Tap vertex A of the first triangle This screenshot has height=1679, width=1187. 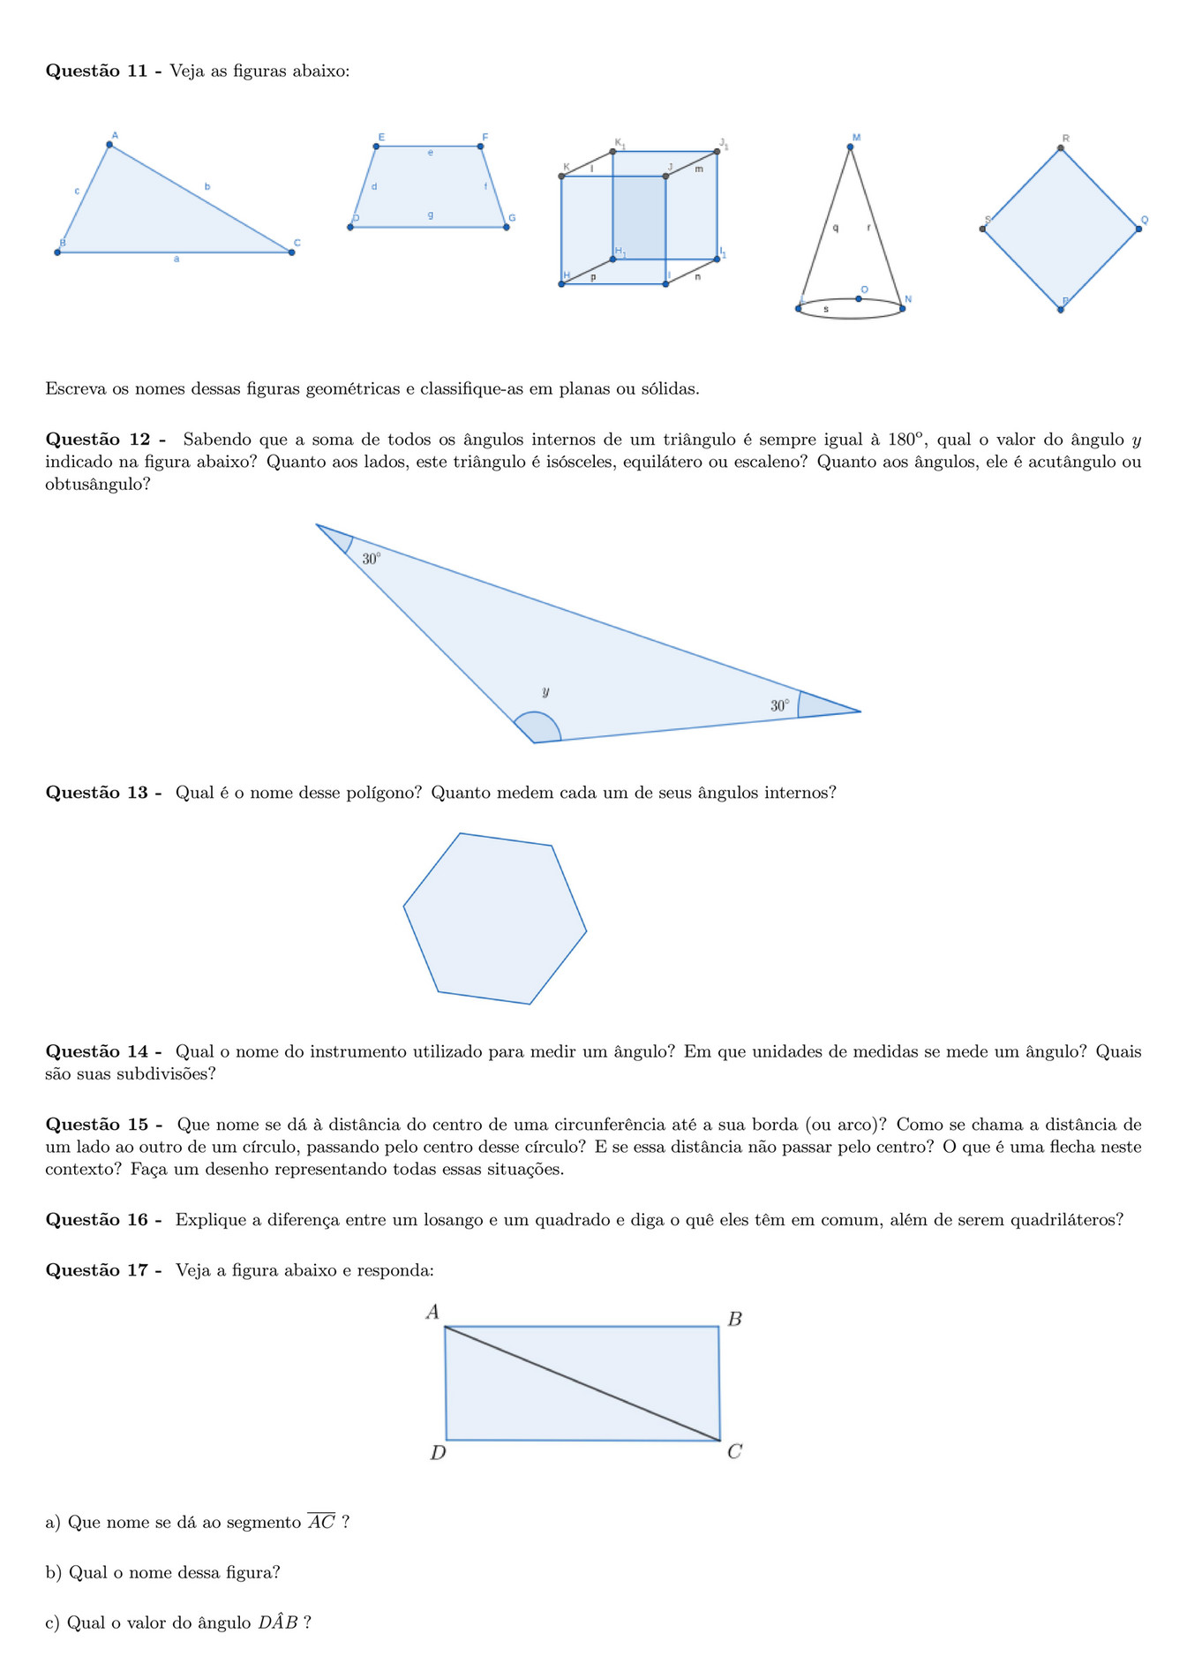click(x=109, y=145)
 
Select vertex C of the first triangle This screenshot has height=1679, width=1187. click(x=291, y=252)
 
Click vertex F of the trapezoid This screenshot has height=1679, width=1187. click(x=480, y=147)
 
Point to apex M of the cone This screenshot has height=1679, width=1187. click(x=850, y=147)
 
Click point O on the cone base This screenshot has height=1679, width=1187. click(x=858, y=298)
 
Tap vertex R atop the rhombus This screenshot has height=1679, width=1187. click(x=1061, y=149)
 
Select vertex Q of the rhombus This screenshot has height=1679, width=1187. click(x=1138, y=229)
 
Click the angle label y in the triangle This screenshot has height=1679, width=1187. click(x=546, y=691)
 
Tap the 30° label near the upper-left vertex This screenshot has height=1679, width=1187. click(x=372, y=559)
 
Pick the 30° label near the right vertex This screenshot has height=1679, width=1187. click(x=780, y=705)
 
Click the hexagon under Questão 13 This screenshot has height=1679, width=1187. click(x=495, y=919)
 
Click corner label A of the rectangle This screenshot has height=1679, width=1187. click(x=432, y=1313)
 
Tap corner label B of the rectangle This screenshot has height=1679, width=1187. click(x=734, y=1320)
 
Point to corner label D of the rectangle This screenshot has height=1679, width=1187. click(x=438, y=1452)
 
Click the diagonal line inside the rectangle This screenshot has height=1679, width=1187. click(x=582, y=1383)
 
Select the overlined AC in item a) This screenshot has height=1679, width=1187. click(x=321, y=1522)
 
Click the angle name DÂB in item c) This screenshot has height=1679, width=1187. click(x=278, y=1623)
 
